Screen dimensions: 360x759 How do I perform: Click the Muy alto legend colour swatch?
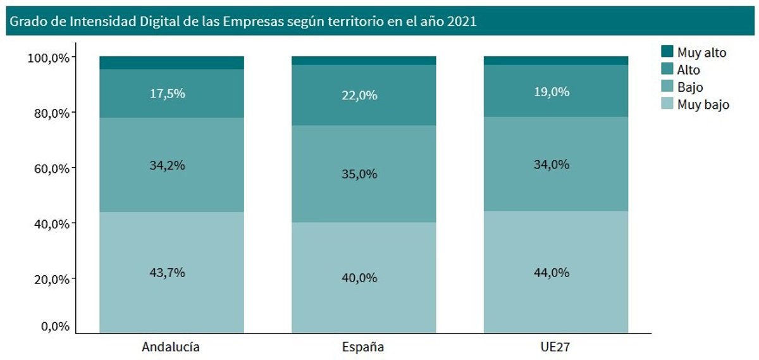point(667,52)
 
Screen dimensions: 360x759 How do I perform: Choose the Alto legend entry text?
point(689,70)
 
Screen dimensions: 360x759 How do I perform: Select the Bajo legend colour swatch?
point(667,87)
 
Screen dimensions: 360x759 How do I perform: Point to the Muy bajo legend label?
point(703,104)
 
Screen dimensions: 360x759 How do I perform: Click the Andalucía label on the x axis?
point(171,347)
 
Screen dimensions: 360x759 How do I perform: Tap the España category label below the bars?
point(363,347)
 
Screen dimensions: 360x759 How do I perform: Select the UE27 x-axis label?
point(555,347)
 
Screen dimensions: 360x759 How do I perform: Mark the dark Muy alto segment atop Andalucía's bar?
point(171,63)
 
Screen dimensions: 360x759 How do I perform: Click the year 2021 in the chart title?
point(461,21)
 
